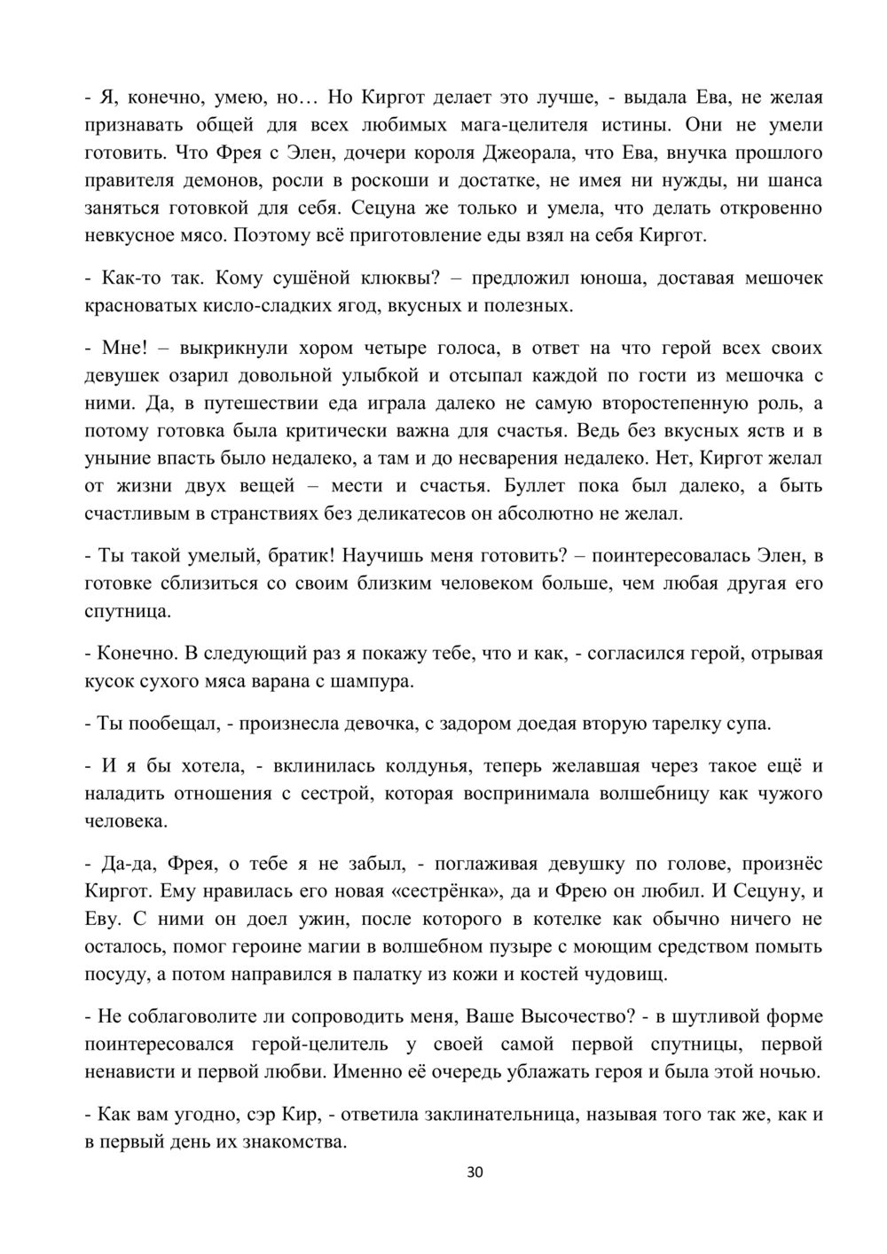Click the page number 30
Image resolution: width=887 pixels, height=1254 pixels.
pyautogui.click(x=475, y=1173)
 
